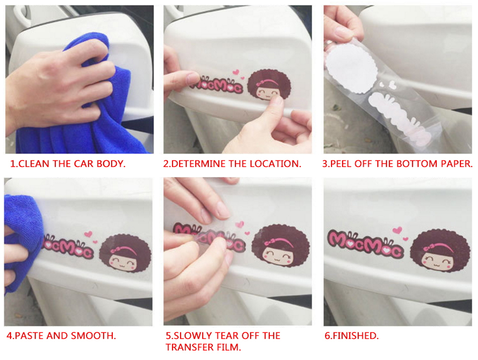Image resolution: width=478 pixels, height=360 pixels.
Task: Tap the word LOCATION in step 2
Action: point(275,164)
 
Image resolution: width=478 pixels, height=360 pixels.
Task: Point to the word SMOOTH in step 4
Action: point(93,336)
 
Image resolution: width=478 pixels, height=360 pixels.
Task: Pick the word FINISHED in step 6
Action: point(355,336)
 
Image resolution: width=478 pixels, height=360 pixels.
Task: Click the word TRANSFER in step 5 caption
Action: point(188,347)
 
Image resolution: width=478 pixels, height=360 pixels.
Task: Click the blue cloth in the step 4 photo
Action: point(21,241)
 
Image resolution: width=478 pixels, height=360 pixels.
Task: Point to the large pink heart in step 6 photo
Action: point(397,230)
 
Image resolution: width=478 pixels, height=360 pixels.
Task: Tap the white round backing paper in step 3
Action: point(351,68)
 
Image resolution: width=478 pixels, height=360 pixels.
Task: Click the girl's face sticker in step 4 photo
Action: point(125,253)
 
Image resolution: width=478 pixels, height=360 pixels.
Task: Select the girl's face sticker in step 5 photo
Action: point(280,246)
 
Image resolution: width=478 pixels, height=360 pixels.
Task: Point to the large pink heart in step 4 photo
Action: point(88,234)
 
